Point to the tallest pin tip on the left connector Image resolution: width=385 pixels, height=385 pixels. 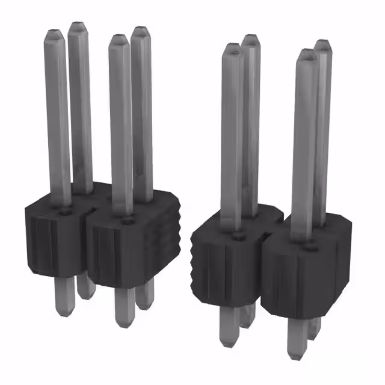coord(78,26)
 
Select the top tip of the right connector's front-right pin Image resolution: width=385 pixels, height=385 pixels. coord(307,54)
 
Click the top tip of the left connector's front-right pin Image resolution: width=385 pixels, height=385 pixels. coord(119,39)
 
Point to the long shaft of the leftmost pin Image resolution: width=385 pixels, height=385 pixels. coord(58,120)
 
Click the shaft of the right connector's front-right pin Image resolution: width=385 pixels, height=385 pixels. coord(304,150)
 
